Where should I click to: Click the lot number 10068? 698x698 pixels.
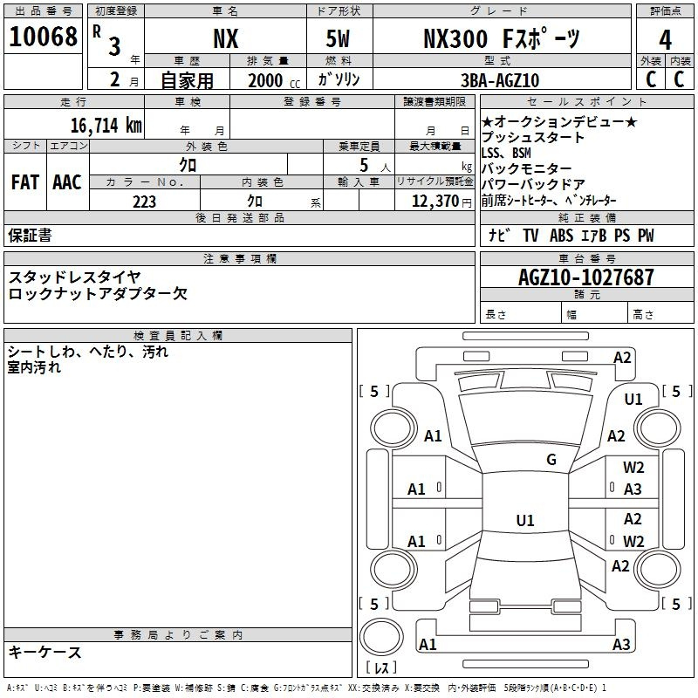(43, 37)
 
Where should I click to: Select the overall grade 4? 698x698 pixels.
(665, 40)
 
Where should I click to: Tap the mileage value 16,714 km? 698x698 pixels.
(106, 126)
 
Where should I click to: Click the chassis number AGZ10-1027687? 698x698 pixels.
(586, 277)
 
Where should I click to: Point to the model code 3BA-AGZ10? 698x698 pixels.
(500, 80)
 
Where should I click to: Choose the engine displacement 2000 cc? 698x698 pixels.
(274, 80)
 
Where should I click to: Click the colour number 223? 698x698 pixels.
(144, 202)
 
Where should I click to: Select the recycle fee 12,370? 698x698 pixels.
(435, 202)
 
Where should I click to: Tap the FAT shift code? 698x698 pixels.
(25, 182)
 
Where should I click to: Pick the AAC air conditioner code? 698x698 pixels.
(67, 182)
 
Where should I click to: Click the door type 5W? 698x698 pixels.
(338, 38)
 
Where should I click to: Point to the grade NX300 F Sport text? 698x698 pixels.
(501, 38)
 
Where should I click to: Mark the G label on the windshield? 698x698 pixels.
(551, 460)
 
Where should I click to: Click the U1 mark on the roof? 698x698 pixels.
(525, 520)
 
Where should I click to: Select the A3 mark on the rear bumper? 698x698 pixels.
(621, 644)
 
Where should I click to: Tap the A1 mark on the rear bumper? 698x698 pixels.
(428, 644)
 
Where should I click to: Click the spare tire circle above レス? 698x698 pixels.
(381, 637)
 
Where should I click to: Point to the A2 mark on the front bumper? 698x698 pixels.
(622, 358)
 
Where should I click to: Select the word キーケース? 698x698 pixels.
(44, 653)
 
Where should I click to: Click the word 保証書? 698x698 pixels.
(30, 236)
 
